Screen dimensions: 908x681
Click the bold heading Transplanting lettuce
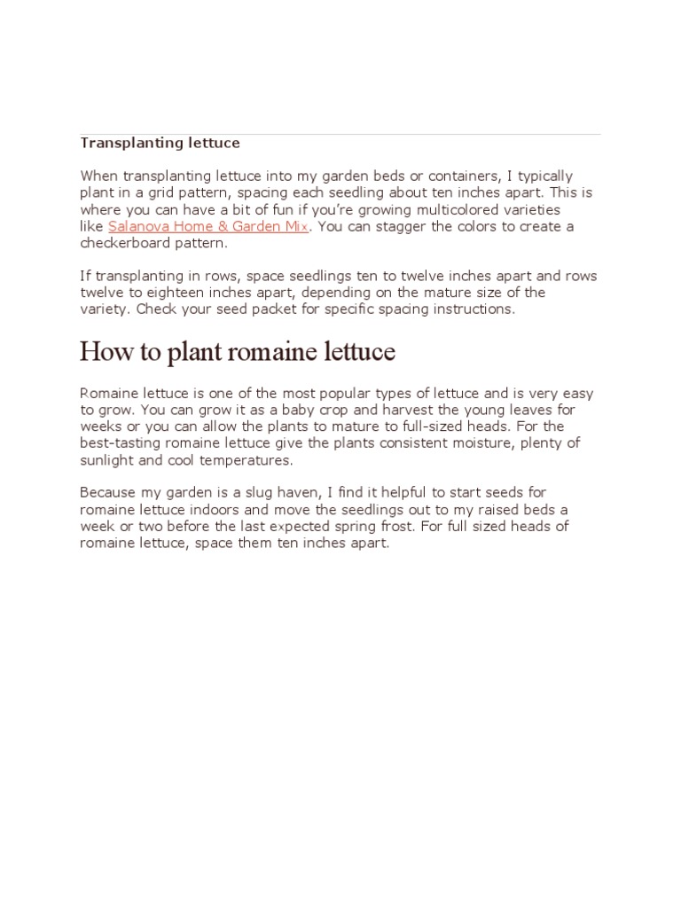(160, 143)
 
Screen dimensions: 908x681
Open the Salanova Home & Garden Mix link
(208, 226)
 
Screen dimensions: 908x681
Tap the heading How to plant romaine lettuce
(237, 352)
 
